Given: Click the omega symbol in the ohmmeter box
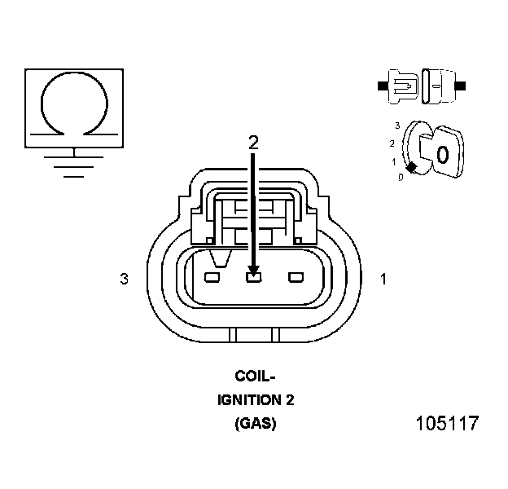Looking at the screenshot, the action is [x=74, y=101].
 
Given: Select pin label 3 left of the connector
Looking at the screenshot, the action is [x=124, y=280].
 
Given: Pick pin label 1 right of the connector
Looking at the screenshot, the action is [x=383, y=280].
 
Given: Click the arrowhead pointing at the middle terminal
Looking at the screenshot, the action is [x=253, y=268].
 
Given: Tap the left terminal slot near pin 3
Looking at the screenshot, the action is [x=212, y=279].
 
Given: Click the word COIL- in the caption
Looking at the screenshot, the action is [x=255, y=377].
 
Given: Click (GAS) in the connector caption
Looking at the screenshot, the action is [x=255, y=424].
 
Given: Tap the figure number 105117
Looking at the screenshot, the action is [x=446, y=425].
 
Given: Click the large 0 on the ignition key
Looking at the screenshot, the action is [x=442, y=153].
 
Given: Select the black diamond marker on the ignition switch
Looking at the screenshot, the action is [x=412, y=167].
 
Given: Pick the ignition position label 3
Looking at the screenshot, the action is [x=396, y=126].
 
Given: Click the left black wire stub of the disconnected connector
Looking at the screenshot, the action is [x=383, y=84].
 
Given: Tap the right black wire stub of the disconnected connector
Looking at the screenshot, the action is [x=461, y=84].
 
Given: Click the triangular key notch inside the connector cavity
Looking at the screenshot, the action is [x=218, y=260].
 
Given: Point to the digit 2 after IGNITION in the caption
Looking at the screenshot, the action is [x=290, y=400].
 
